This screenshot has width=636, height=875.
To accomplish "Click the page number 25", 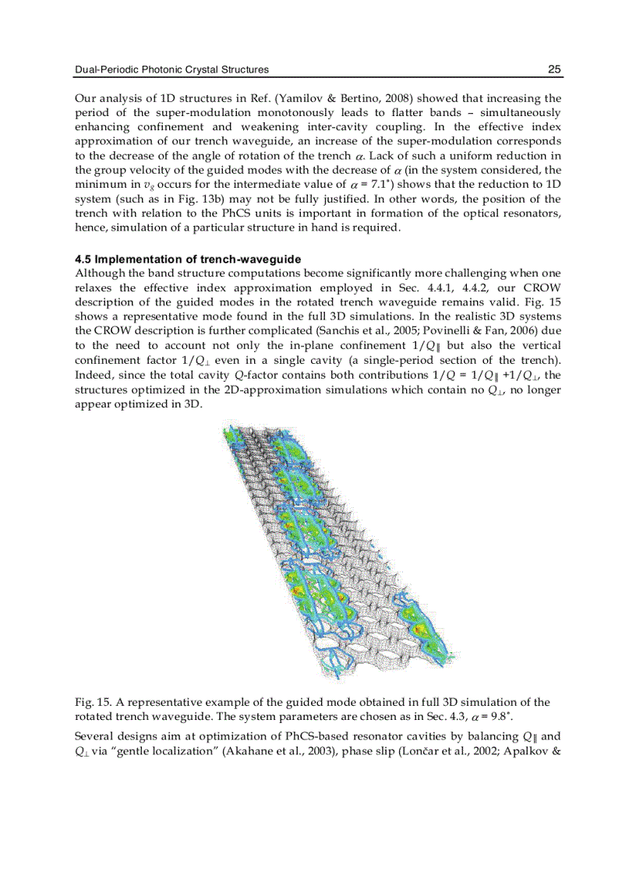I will pyautogui.click(x=554, y=69).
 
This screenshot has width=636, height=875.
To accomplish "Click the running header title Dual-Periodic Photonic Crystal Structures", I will pyautogui.click(x=171, y=69).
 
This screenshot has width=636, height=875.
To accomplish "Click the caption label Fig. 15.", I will pyautogui.click(x=88, y=703).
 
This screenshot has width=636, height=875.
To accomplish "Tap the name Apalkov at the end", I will pyautogui.click(x=532, y=751).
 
